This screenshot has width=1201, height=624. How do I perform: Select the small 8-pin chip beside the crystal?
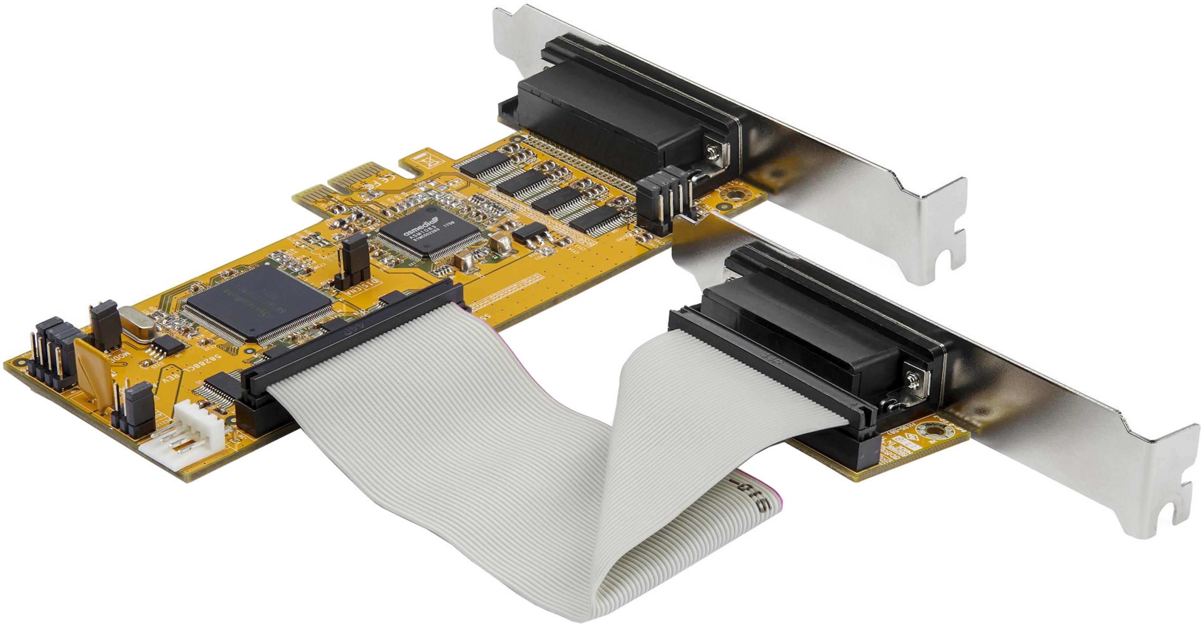(168, 345)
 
